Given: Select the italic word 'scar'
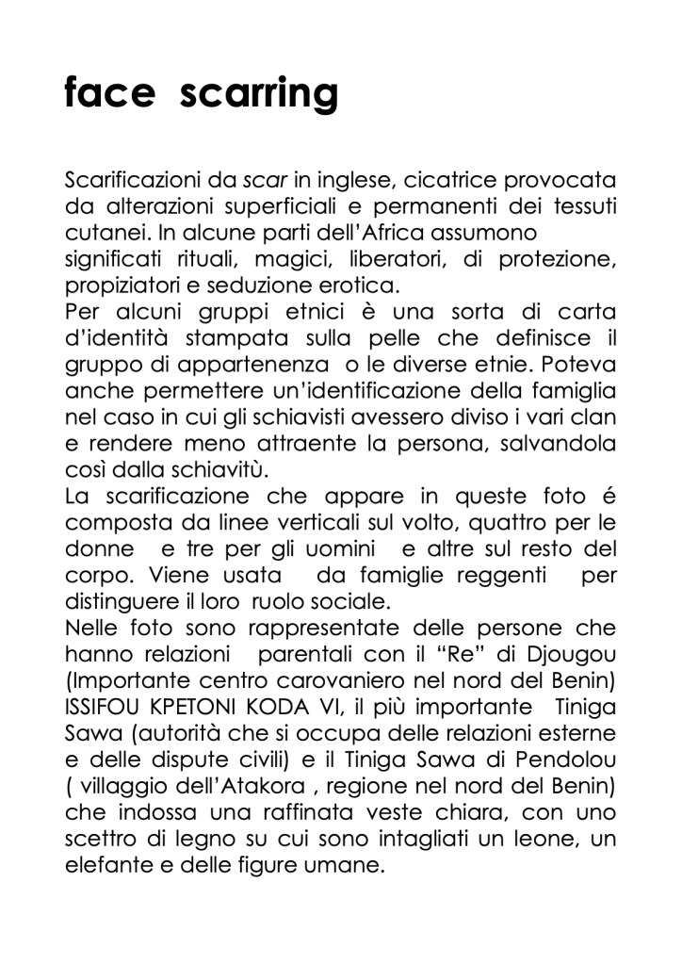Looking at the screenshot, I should coord(265,180).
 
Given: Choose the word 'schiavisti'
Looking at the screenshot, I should coord(280,416).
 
